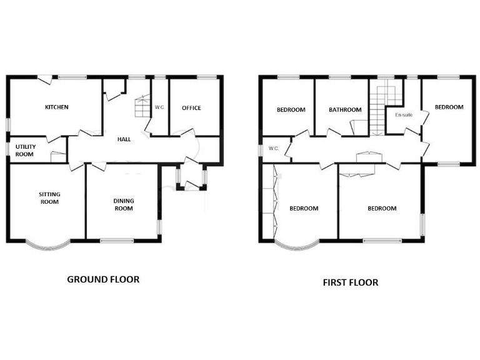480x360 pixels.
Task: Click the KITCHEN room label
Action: point(56,107)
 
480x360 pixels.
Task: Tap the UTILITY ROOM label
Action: point(24,150)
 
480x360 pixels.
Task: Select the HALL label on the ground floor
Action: point(124,139)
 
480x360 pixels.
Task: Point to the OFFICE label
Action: point(191,108)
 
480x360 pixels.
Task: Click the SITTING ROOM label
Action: point(49,198)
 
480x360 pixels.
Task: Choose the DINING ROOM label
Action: point(124,204)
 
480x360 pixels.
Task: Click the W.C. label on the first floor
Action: point(273,149)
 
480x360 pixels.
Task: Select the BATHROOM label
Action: point(345,110)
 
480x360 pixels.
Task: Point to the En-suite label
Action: point(403,115)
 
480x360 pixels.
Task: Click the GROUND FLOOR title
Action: point(103,279)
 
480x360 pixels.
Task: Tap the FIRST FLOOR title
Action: point(350,282)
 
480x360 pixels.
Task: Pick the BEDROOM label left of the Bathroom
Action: point(291,110)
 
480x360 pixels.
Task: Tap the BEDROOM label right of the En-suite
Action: point(449,107)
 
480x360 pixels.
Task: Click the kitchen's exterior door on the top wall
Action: point(44,79)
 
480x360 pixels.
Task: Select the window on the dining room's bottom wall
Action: point(117,240)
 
